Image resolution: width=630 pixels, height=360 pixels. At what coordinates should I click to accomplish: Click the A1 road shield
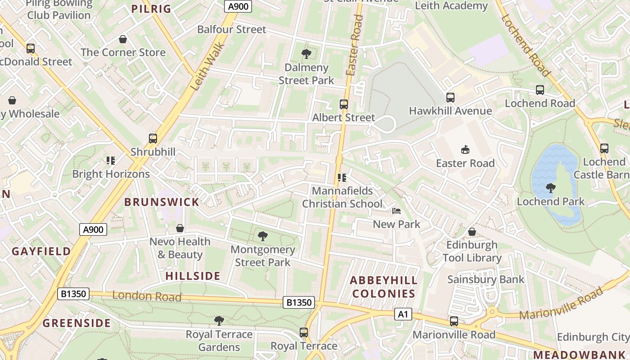(403, 314)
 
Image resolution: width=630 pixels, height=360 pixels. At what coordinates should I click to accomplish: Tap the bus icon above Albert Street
(344, 104)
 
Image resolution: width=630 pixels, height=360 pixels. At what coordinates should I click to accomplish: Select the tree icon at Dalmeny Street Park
(306, 54)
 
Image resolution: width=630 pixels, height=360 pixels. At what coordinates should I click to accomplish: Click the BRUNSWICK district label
(162, 202)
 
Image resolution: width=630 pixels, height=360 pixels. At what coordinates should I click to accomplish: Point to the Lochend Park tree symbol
(550, 188)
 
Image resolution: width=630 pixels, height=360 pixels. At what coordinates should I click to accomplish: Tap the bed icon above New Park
(396, 211)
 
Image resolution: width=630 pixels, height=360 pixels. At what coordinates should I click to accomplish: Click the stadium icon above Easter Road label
(465, 149)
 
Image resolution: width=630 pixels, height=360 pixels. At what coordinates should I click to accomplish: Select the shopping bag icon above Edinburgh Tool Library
(472, 232)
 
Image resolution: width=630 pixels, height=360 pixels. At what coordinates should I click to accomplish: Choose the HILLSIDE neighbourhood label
(193, 276)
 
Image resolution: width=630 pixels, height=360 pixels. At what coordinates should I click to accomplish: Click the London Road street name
(147, 296)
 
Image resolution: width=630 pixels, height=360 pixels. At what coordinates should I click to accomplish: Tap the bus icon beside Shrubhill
(153, 139)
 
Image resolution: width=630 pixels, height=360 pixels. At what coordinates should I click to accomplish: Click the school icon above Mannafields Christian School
(342, 178)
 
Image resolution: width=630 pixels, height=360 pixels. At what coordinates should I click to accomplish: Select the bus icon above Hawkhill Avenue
(450, 97)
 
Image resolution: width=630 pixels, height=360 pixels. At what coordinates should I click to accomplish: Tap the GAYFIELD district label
(41, 251)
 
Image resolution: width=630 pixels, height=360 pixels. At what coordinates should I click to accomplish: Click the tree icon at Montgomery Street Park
(263, 236)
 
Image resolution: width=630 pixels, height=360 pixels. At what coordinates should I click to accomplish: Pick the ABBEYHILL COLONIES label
(383, 287)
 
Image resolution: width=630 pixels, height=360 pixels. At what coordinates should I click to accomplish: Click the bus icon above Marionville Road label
(454, 321)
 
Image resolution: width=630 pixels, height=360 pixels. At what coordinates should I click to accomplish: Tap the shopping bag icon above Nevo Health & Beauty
(180, 229)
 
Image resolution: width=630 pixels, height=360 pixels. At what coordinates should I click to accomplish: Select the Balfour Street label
(232, 30)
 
